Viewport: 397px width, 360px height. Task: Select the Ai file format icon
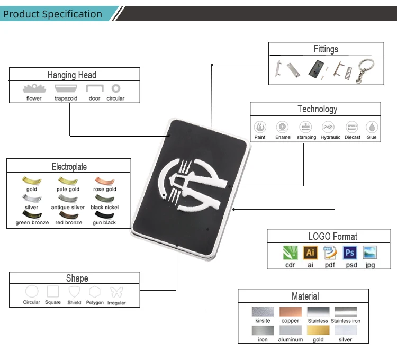(310, 253)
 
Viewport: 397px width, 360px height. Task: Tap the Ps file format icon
(350, 253)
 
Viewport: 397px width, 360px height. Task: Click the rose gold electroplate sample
(104, 181)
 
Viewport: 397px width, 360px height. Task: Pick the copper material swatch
(290, 312)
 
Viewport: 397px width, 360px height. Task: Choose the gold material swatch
(318, 330)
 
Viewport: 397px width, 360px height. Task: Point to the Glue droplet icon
(372, 127)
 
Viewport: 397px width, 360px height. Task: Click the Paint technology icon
(260, 127)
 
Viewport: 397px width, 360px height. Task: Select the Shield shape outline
(74, 292)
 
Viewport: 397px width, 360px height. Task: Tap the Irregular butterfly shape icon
(116, 292)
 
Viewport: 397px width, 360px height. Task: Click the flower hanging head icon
(34, 88)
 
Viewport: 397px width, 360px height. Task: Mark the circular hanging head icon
(115, 88)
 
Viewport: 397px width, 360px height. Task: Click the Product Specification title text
(52, 14)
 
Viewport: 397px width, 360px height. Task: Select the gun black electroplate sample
(104, 215)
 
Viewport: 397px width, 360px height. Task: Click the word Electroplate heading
(69, 167)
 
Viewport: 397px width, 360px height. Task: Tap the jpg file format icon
(370, 253)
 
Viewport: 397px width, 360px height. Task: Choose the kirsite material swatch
(263, 312)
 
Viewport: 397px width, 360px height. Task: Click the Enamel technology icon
(283, 127)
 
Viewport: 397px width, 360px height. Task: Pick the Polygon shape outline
(95, 292)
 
